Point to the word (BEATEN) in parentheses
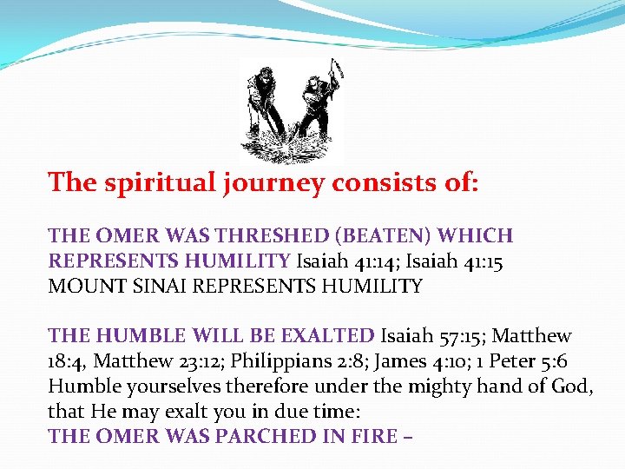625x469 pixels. (x=385, y=235)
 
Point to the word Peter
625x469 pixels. (x=513, y=360)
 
